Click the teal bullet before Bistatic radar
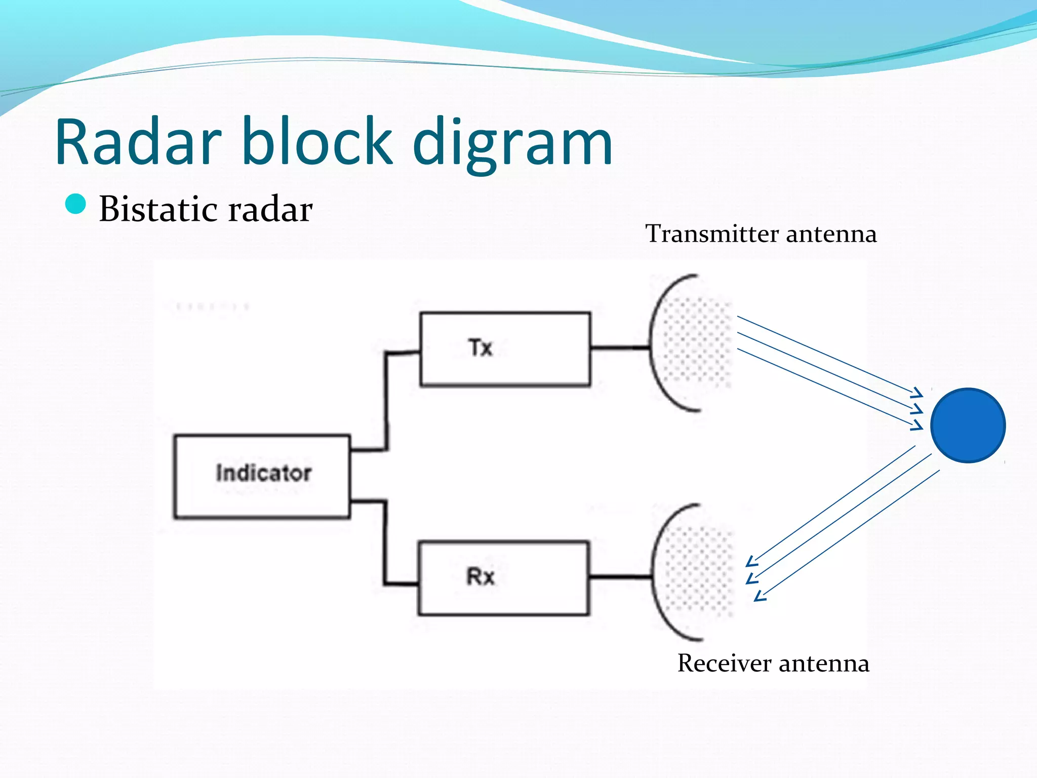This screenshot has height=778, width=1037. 76,204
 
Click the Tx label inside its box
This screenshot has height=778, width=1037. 480,348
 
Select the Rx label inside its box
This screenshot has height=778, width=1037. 480,576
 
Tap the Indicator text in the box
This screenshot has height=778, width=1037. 263,473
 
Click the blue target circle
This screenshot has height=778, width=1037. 968,425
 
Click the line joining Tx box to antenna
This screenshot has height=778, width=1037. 620,348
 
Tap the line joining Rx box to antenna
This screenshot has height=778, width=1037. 620,576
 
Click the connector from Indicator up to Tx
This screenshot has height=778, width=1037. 386,400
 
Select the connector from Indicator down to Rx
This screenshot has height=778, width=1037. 385,542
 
